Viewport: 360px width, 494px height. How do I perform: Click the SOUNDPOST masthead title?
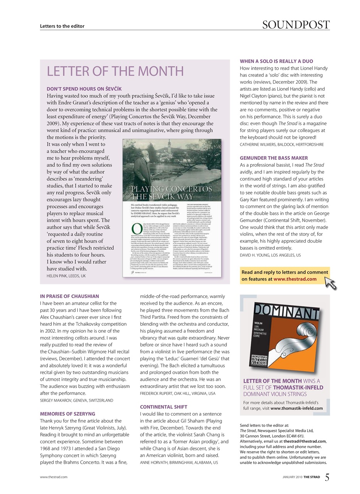click(296, 25)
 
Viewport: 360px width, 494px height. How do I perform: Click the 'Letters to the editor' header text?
click(62, 26)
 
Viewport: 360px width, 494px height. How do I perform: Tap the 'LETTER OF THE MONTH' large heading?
click(115, 71)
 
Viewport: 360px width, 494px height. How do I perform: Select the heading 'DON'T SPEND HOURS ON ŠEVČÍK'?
click(84, 89)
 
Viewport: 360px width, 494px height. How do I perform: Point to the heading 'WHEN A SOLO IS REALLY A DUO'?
click(276, 61)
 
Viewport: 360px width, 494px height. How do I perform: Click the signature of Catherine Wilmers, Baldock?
click(282, 144)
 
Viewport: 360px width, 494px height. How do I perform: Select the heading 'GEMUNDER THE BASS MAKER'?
click(274, 158)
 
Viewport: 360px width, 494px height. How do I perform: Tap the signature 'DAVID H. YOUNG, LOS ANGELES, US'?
click(270, 255)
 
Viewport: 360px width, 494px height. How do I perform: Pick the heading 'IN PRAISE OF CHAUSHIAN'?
click(69, 296)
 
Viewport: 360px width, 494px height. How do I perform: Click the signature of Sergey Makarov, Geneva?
click(76, 400)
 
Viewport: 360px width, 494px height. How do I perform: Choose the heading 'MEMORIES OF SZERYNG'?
click(68, 414)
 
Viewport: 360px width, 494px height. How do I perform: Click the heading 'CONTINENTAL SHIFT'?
click(164, 407)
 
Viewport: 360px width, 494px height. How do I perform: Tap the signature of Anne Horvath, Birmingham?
click(179, 462)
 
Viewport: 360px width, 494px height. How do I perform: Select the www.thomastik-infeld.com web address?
click(296, 408)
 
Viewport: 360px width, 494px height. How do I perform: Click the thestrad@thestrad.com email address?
click(305, 441)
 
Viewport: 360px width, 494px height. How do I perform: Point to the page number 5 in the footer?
click(326, 477)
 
